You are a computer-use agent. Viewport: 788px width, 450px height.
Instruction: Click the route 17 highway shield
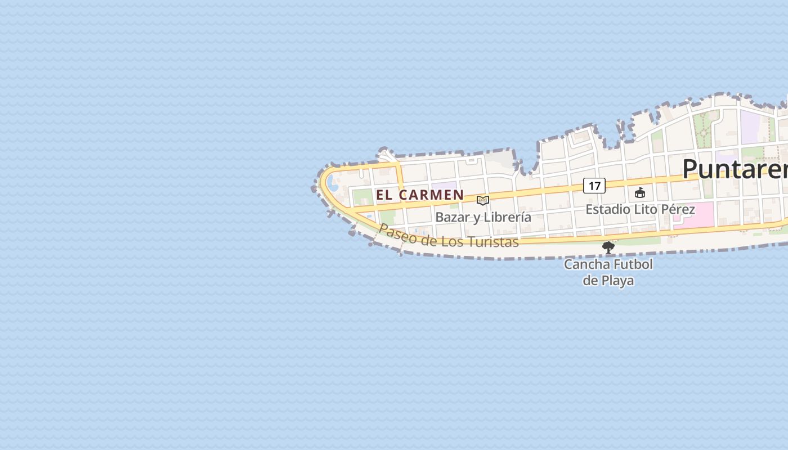coord(594,185)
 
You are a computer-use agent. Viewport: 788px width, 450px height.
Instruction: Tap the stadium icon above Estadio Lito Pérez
coord(640,193)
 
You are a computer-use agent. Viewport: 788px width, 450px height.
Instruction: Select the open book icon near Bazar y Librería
coord(483,200)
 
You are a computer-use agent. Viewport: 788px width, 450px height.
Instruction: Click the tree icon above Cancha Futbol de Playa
coord(608,247)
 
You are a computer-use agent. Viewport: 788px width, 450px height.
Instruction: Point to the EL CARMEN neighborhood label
coord(420,195)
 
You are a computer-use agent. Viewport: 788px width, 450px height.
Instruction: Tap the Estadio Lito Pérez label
coord(640,209)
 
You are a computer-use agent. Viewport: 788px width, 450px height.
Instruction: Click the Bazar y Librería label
coord(483,217)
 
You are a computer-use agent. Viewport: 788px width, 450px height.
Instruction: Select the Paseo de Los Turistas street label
coord(448,236)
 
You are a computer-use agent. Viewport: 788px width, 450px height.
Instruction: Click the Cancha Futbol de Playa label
coord(608,272)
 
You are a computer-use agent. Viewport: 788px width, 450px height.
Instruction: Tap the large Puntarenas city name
coord(735,169)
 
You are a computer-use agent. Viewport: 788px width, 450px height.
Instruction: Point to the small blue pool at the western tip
coord(333,183)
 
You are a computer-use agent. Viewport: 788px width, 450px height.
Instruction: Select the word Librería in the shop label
coord(508,217)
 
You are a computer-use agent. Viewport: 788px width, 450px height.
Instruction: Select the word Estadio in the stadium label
coord(607,209)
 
